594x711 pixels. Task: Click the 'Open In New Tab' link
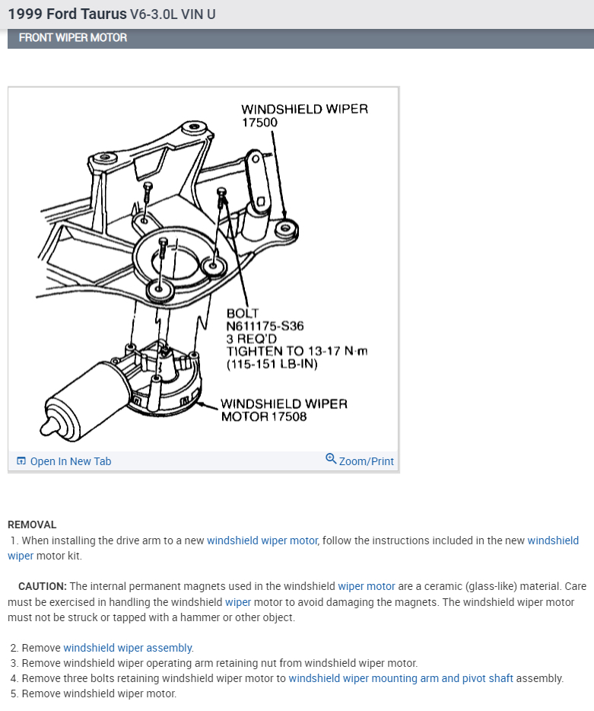[70, 461]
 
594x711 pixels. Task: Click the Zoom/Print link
[366, 461]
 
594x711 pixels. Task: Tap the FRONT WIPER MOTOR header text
[73, 37]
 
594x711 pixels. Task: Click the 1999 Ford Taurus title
[68, 14]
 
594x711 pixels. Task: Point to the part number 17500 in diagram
[259, 122]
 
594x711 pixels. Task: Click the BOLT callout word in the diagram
[243, 314]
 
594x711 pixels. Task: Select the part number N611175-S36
[265, 326]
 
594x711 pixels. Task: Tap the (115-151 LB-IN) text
[272, 364]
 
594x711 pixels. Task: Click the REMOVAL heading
[32, 524]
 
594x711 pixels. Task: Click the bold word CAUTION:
[43, 586]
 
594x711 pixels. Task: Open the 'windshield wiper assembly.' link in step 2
[129, 648]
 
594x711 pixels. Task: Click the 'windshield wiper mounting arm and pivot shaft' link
[401, 678]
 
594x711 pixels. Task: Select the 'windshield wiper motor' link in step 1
[262, 540]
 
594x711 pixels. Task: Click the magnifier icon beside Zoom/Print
[331, 459]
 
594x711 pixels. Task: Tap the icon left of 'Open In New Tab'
[21, 461]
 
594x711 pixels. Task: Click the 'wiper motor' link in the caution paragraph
[367, 586]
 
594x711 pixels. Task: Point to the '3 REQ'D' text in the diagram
[247, 338]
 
